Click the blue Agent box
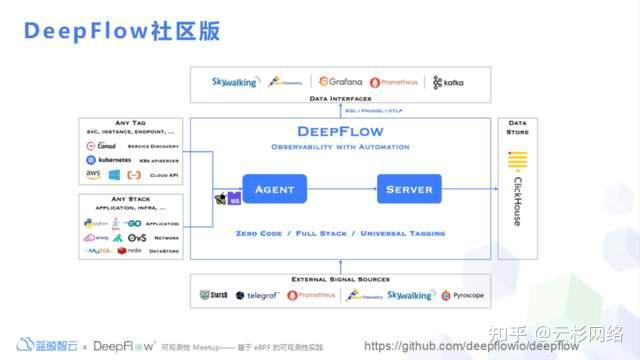274,189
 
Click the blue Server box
408,189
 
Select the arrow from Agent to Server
341,189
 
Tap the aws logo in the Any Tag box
93,174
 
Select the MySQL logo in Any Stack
98,250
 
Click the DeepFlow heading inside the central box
342,131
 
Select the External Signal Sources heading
340,279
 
